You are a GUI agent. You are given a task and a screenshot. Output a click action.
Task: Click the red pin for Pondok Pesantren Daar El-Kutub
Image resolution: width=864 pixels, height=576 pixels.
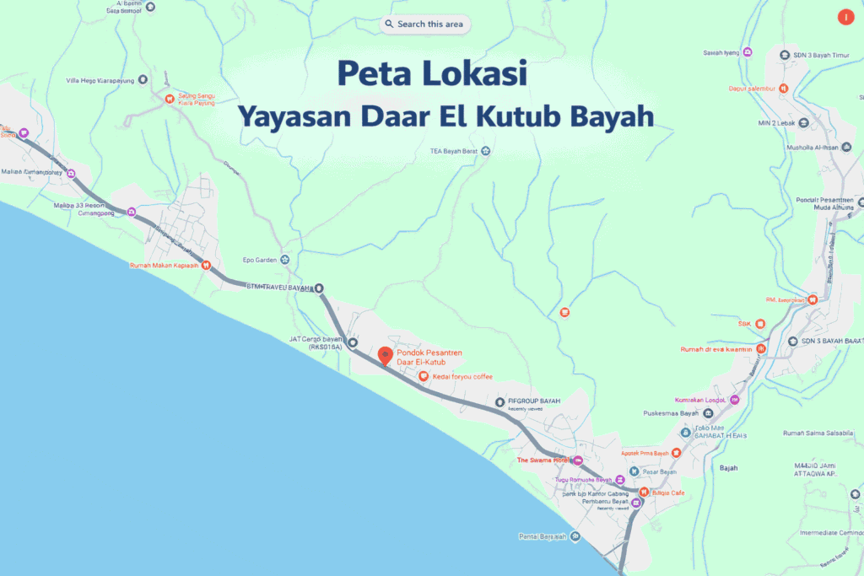coord(385,356)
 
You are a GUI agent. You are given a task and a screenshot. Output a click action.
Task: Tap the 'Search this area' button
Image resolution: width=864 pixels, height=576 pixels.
coord(424,24)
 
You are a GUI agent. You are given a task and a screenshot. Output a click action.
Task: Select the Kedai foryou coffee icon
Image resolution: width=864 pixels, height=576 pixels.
coord(423,376)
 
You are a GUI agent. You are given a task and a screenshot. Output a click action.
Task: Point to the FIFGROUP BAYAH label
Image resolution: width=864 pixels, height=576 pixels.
coord(534,401)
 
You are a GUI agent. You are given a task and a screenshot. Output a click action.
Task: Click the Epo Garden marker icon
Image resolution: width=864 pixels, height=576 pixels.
coord(285,259)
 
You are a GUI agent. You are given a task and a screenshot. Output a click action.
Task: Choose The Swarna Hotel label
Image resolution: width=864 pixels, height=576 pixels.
coord(543,460)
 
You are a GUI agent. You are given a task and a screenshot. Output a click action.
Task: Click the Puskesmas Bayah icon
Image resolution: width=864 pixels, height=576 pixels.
coord(708,413)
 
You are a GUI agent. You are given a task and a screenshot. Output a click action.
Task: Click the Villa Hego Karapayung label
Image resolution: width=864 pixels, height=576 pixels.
coord(100,80)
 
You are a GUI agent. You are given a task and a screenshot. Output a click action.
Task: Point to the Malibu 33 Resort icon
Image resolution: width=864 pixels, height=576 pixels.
coord(132,212)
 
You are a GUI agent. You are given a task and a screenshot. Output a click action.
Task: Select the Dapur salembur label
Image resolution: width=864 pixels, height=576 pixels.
coord(753,89)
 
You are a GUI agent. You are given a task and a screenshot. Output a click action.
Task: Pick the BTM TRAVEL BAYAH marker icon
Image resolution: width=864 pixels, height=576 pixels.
coord(320,288)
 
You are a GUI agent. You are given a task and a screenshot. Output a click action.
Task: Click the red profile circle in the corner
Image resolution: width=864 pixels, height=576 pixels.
coord(845,17)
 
